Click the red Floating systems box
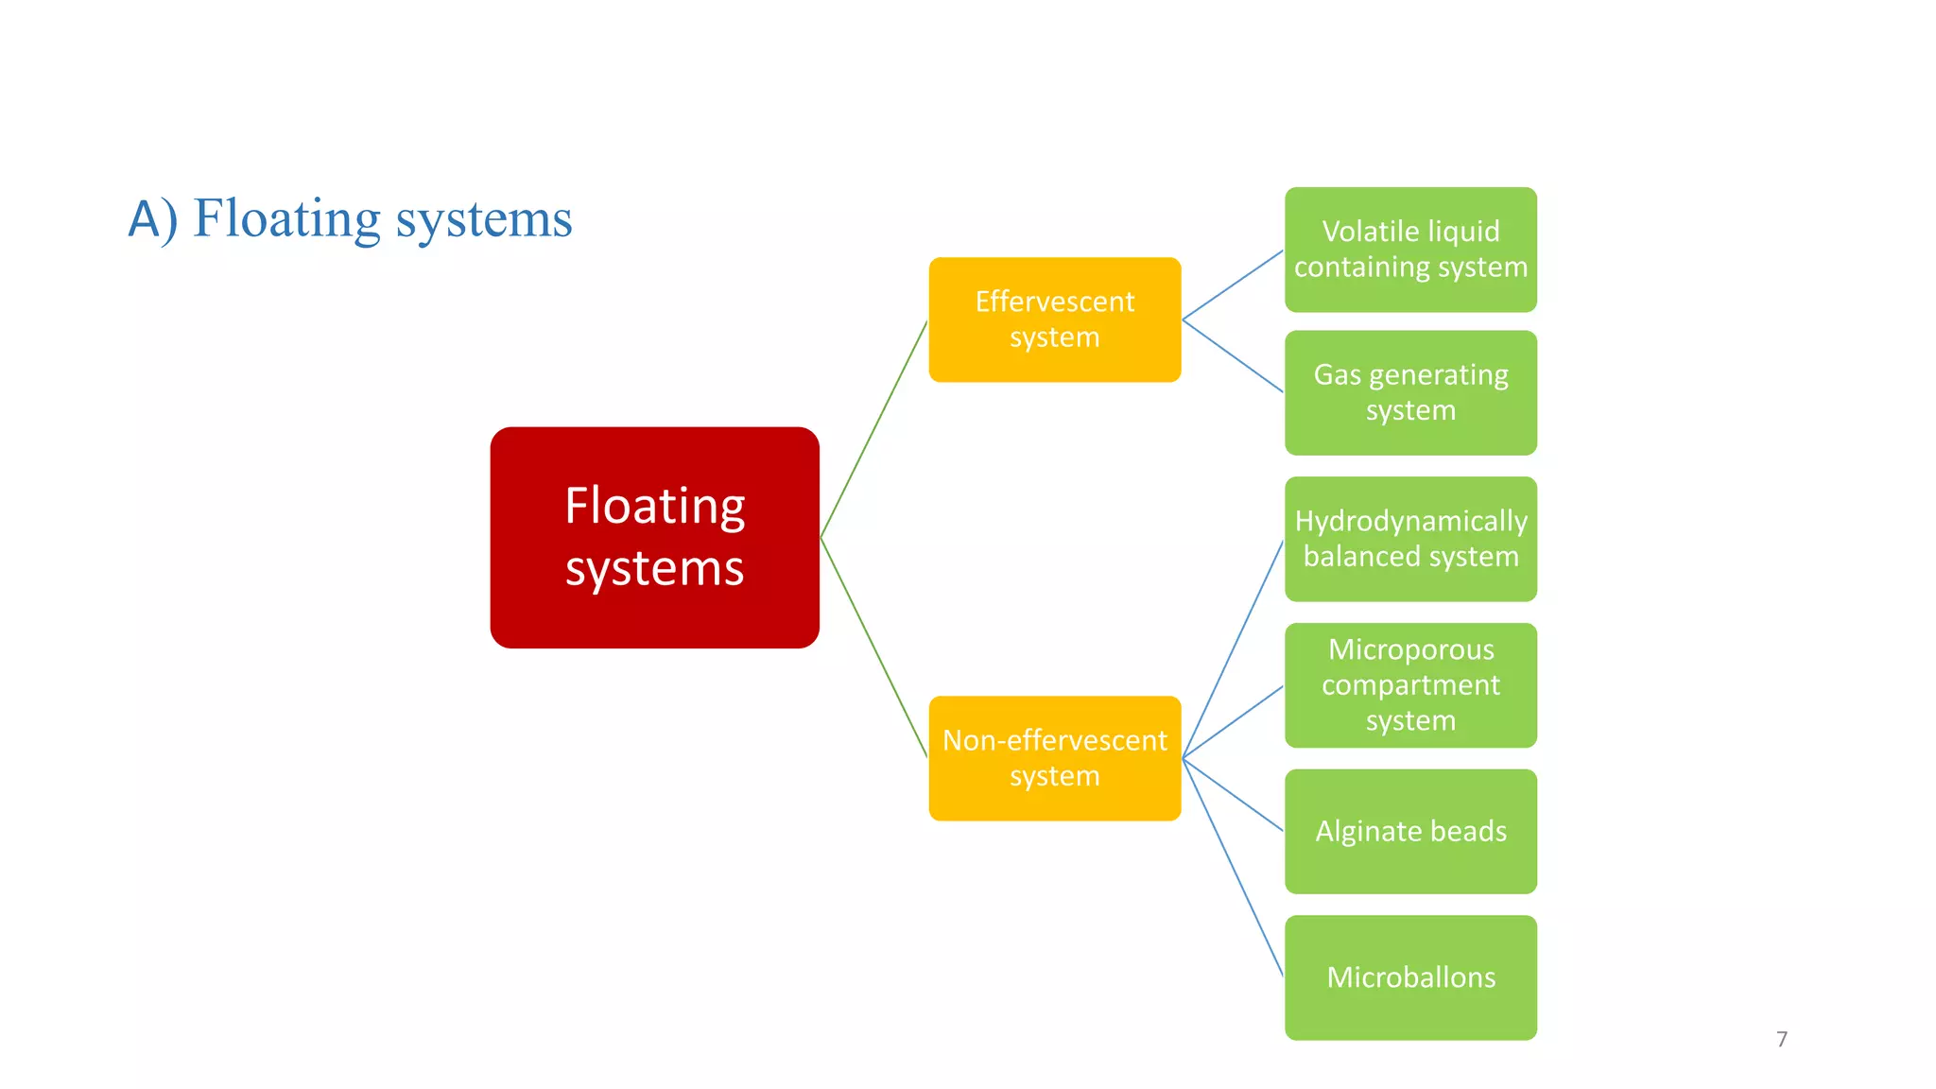[654, 537]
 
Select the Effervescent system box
[1054, 320]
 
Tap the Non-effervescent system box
[1054, 758]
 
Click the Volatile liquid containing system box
[1410, 250]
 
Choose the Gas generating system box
[1410, 392]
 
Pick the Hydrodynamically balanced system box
[1410, 539]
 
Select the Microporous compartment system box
[1410, 685]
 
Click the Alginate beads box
[1410, 831]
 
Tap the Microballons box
[1410, 977]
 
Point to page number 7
[1782, 1039]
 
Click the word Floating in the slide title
[286, 219]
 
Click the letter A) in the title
[152, 219]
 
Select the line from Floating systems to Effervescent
[874, 428]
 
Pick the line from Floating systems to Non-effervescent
[874, 648]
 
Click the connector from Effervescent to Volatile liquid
[1233, 285]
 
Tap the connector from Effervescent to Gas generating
[1233, 355]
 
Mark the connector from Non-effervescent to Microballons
[1233, 867]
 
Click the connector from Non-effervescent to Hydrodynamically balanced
[1233, 648]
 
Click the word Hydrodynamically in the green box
[1410, 521]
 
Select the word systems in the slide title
[483, 219]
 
